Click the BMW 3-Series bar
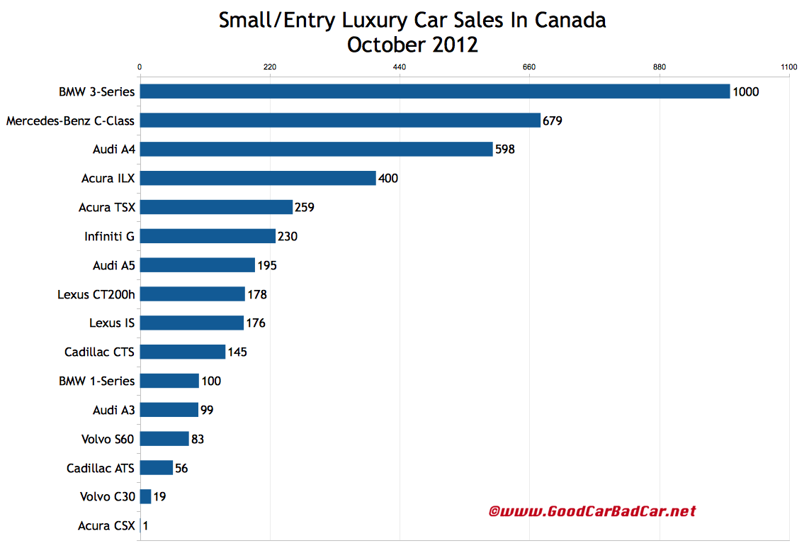[434, 91]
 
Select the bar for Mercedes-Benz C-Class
[340, 121]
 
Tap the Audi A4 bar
[316, 149]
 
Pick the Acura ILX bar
[258, 178]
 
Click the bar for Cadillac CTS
[183, 352]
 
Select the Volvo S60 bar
[164, 439]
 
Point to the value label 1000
[746, 91]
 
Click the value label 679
[553, 121]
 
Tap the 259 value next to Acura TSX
[305, 207]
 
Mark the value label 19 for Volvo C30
[160, 497]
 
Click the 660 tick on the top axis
[529, 67]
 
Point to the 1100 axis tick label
[788, 67]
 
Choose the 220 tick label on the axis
[269, 67]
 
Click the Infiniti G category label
[109, 236]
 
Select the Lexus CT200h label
[96, 294]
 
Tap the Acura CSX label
[106, 526]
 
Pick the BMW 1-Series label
[96, 381]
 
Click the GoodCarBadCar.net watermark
[592, 511]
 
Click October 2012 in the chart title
[412, 45]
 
